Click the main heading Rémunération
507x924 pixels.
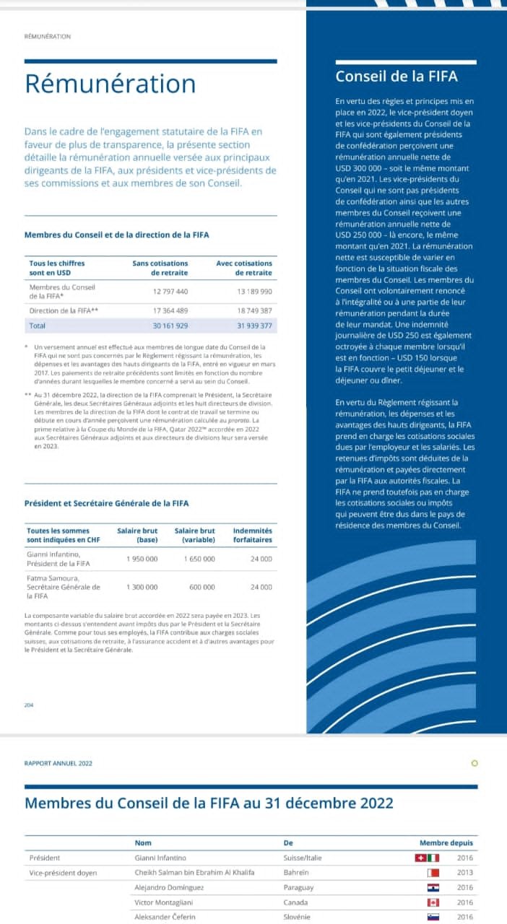(x=110, y=84)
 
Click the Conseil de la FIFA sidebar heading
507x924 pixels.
(x=396, y=77)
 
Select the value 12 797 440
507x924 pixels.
(x=170, y=292)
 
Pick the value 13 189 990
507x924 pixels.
(x=255, y=292)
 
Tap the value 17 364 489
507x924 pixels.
(x=170, y=310)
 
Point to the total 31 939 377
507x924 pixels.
(x=255, y=326)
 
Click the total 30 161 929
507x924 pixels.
(x=170, y=326)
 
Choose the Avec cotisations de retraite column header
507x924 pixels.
(x=244, y=268)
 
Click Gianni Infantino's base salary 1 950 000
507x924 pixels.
(x=142, y=559)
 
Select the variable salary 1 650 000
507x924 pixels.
(x=199, y=559)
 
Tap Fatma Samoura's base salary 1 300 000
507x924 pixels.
(x=142, y=587)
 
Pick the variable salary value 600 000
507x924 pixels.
(x=202, y=587)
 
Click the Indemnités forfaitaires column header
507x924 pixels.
(x=252, y=535)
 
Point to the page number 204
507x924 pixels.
(x=29, y=705)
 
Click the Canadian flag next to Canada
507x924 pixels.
(x=433, y=902)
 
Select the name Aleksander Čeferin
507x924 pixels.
(x=165, y=917)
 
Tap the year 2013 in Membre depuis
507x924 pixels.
(x=465, y=873)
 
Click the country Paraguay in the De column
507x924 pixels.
(x=298, y=887)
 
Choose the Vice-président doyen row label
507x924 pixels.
(x=63, y=873)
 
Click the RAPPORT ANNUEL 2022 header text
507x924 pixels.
(x=58, y=763)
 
